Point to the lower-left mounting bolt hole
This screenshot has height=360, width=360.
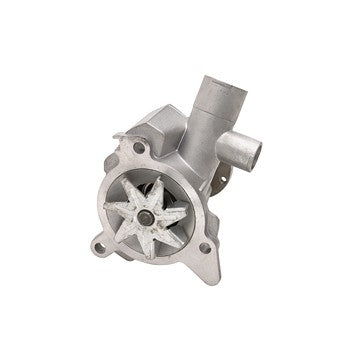(98, 242)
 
